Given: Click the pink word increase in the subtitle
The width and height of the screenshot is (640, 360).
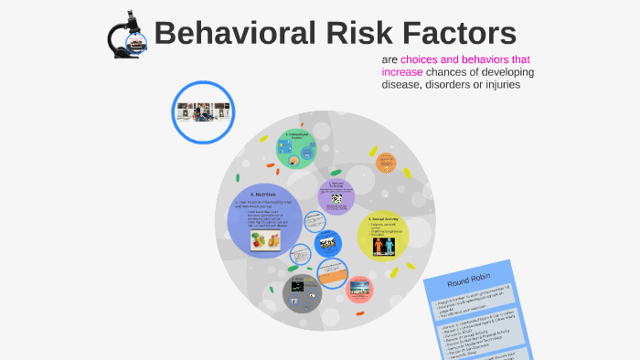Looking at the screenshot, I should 409,72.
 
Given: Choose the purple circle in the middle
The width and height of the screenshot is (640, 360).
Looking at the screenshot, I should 336,196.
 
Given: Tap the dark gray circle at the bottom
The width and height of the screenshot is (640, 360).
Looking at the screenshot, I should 302,291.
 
